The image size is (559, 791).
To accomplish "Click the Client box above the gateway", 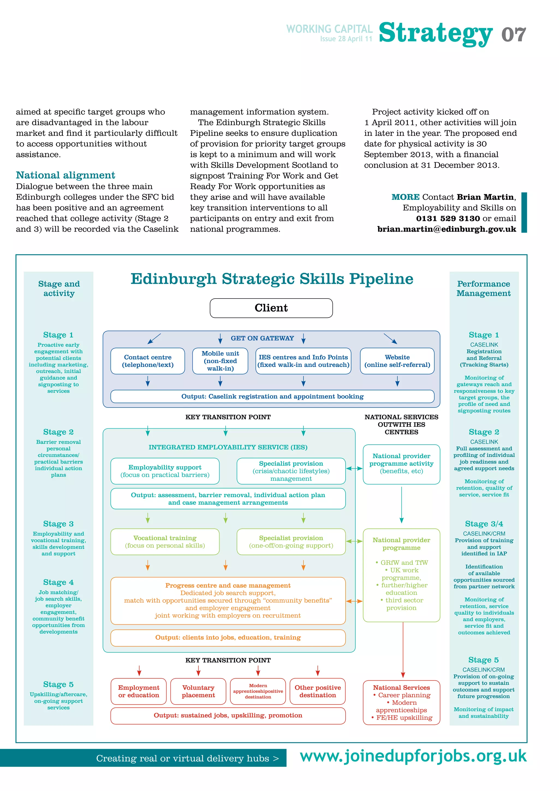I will [x=271, y=308].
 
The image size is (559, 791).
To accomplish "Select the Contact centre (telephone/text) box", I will [x=148, y=361].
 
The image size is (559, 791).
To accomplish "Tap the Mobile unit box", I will [x=220, y=361].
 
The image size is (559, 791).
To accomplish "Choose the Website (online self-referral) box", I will [x=397, y=361].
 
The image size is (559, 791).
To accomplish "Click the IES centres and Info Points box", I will [x=303, y=361].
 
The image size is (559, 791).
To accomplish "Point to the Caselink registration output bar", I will [x=272, y=397].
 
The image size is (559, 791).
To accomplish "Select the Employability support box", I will [x=165, y=471].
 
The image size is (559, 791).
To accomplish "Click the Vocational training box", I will [x=165, y=542].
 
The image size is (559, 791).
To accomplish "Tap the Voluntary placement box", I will [x=198, y=691].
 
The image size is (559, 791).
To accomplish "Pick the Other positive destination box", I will [x=318, y=691].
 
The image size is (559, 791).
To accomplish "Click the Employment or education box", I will [x=139, y=691].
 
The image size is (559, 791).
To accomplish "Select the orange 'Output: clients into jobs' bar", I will [x=228, y=638].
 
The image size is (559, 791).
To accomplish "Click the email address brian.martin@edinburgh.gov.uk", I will [x=447, y=229].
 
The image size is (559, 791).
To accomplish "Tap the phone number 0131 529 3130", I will [x=448, y=219].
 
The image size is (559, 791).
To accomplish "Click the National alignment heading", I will [x=66, y=175].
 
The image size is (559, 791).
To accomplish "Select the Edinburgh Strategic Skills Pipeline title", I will [x=272, y=279].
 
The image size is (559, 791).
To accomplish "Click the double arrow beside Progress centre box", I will [x=354, y=601].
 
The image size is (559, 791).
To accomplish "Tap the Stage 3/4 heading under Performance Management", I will [x=484, y=524].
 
